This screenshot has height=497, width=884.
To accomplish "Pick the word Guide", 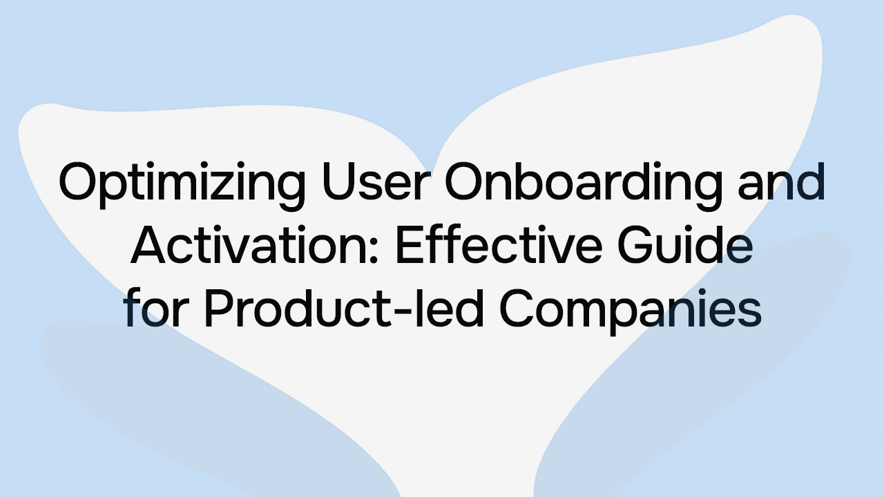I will [x=691, y=246].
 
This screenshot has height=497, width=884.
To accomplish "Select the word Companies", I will [x=630, y=311].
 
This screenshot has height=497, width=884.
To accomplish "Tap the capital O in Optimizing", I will [x=77, y=182].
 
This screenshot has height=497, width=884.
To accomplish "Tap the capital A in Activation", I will [x=148, y=246].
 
